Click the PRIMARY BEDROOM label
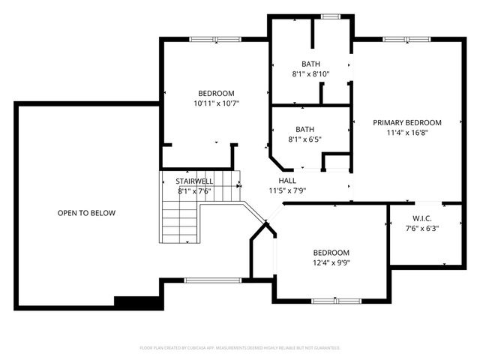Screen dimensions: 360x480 (407, 122)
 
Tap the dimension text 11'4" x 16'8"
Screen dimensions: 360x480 (407, 133)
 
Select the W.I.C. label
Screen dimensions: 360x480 (421, 218)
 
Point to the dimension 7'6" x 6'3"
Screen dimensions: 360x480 (421, 229)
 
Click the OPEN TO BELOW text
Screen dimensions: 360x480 (86, 213)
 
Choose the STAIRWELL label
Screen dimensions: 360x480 (194, 181)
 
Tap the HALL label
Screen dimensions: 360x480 (286, 181)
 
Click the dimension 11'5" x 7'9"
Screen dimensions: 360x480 (286, 191)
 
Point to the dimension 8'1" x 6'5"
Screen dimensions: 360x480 (304, 139)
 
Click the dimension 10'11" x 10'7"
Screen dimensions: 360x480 (216, 103)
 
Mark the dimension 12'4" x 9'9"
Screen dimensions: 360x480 (331, 263)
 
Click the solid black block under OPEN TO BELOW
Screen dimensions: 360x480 (138, 302)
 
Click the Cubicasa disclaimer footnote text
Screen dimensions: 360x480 (240, 348)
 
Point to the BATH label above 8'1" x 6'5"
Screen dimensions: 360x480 (304, 129)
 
